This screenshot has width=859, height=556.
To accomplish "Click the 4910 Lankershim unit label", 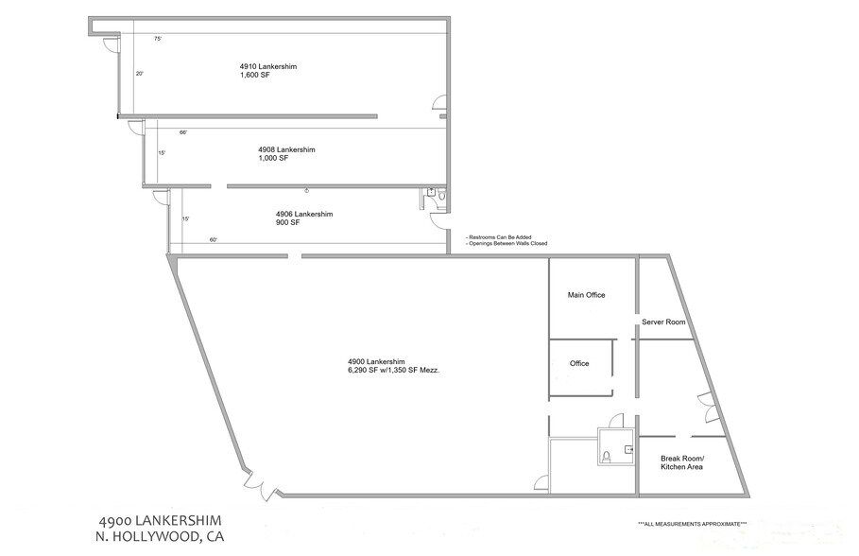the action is point(268,66).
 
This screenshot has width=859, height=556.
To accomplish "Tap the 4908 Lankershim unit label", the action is point(286,149).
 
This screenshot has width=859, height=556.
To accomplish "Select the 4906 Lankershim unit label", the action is point(304,214).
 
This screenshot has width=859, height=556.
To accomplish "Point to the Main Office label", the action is point(586,295).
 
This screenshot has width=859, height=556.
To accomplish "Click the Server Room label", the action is point(663,321).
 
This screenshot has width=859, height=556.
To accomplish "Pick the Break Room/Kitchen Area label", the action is point(682,462).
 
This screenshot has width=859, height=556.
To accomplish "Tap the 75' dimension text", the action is point(158,39).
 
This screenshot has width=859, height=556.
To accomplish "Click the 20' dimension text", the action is point(140,74).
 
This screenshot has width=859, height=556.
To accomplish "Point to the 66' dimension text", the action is point(183,132).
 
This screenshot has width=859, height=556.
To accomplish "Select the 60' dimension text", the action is point(214,239).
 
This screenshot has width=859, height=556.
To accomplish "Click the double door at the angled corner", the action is point(262,484).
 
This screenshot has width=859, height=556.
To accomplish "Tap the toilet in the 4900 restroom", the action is point(607,457).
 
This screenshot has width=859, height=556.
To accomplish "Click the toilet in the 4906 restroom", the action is point(441,195).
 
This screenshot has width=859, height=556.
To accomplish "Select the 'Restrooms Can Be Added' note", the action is point(499,237).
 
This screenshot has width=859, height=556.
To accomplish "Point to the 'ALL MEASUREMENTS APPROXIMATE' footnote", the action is point(693,524).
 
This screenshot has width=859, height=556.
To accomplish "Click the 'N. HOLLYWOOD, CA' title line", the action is point(160,537).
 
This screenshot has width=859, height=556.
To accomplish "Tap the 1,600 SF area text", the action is point(255,75).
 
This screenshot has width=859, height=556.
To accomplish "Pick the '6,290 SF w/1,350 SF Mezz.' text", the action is point(394,370).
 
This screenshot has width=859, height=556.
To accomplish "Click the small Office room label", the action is point(579,363).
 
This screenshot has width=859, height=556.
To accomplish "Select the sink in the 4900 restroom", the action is point(628,450).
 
